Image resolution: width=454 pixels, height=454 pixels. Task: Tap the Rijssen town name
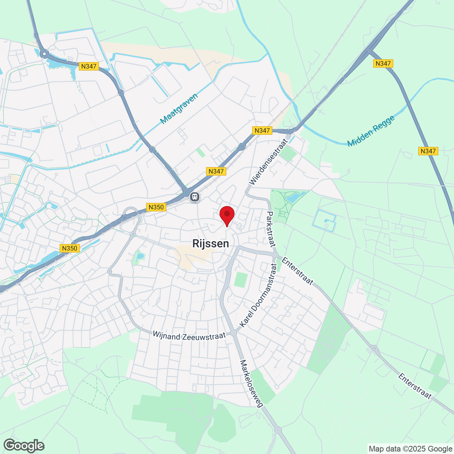(x=210, y=244)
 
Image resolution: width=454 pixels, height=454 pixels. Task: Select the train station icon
(x=194, y=196)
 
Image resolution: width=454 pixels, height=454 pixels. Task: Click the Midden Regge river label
(x=371, y=131)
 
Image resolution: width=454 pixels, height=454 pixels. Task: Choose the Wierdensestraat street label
(x=268, y=162)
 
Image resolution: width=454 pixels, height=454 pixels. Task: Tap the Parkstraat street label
(x=271, y=229)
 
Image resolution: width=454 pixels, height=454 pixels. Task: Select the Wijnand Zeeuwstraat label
(x=189, y=336)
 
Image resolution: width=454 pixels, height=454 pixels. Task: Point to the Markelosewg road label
(x=251, y=383)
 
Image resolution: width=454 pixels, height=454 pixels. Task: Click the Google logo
(x=24, y=445)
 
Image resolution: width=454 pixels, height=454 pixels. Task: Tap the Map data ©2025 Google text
(x=410, y=449)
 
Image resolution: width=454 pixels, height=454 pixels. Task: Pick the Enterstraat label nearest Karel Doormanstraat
(x=297, y=271)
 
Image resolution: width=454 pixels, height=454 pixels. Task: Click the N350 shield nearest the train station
(x=156, y=207)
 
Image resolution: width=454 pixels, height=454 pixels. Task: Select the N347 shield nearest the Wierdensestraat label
(x=262, y=131)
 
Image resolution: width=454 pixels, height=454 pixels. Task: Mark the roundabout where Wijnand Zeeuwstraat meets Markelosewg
(x=233, y=333)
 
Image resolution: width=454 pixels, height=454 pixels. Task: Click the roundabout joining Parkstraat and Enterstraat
(x=275, y=255)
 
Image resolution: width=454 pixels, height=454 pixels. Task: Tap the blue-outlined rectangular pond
(x=325, y=221)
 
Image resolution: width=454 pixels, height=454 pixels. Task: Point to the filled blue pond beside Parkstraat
(x=295, y=196)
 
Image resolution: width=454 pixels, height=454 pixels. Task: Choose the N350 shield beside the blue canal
(x=69, y=248)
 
